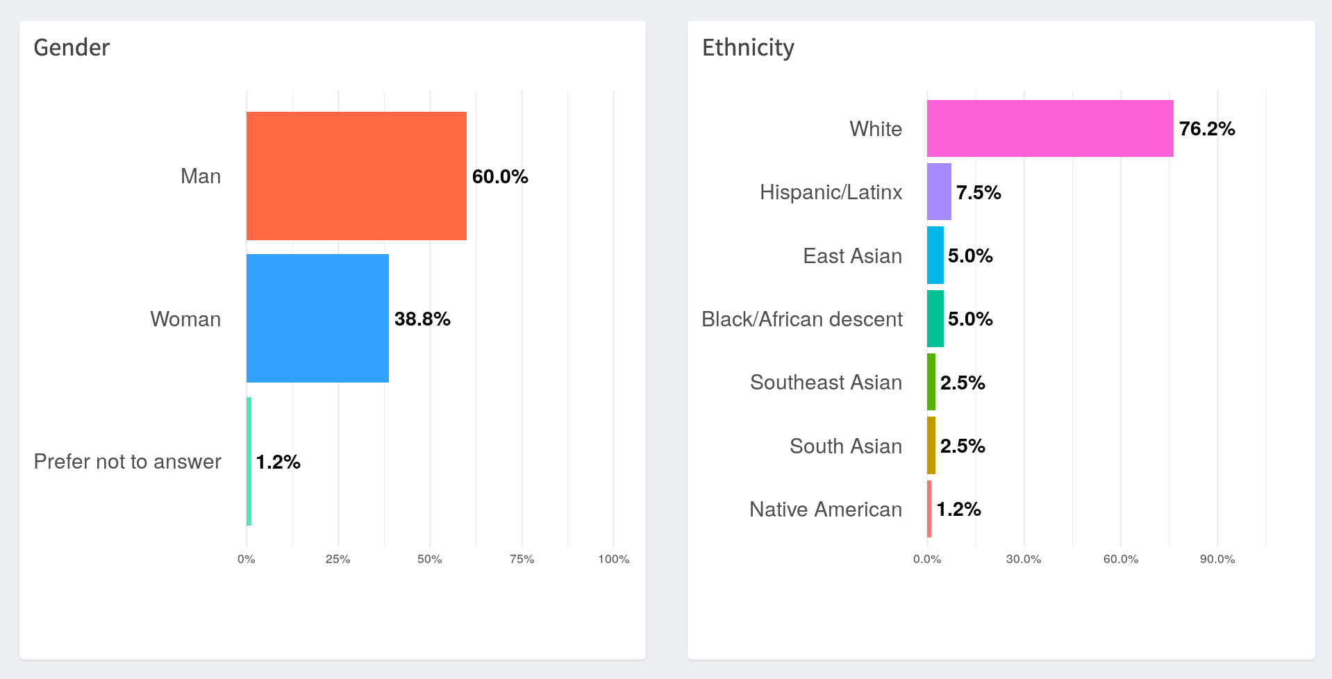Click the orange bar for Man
[356, 176]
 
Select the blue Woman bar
[317, 318]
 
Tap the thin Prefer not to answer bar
[249, 461]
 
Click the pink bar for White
[1049, 128]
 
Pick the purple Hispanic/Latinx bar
[939, 192]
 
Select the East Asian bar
[935, 255]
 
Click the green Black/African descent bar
[935, 319]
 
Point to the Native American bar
[929, 509]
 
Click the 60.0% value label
[500, 176]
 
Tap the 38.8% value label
[422, 319]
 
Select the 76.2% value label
[1207, 128]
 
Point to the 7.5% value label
[979, 192]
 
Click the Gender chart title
[72, 47]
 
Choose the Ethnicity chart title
[748, 47]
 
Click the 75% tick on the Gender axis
[522, 559]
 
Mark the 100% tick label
[613, 559]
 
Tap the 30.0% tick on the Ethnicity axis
[1023, 559]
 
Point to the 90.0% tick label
[1217, 559]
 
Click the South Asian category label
[845, 446]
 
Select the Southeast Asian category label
[826, 382]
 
